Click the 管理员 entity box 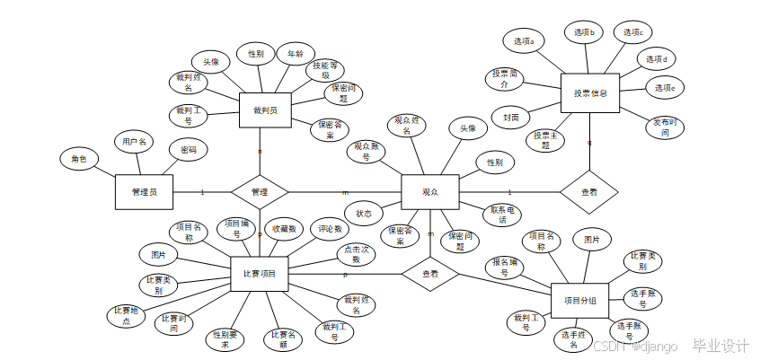[x=144, y=191]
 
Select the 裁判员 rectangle [x=265, y=110]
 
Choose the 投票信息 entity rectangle [x=590, y=92]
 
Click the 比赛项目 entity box [x=260, y=273]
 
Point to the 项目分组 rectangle [x=586, y=300]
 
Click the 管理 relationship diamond [x=260, y=192]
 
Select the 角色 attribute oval [x=79, y=159]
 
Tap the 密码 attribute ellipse [x=189, y=149]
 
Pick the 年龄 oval [x=295, y=54]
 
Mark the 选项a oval [x=524, y=41]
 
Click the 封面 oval [x=510, y=117]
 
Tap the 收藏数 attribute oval [x=285, y=229]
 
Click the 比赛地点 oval [x=126, y=315]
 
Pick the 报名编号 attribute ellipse [x=505, y=267]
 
